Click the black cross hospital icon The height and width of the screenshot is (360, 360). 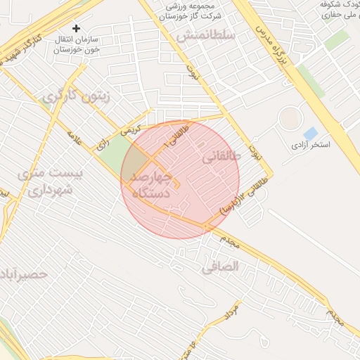coord(77,28)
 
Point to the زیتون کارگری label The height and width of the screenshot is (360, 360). coord(76,97)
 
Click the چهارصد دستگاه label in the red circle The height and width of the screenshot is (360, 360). coord(152,184)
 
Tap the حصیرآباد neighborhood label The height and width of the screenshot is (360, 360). coord(25,274)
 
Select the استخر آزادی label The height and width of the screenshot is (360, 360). coord(311,144)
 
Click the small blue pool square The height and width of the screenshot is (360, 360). coord(310,132)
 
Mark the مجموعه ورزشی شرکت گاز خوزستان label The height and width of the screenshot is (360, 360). coord(193,10)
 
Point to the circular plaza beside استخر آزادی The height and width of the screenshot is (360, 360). coord(289,117)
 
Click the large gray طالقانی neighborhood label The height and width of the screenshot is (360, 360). coord(221,159)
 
